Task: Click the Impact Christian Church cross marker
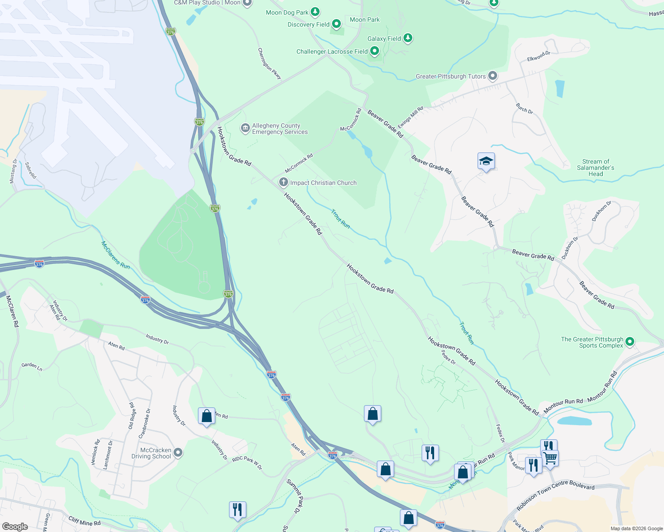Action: [x=284, y=182]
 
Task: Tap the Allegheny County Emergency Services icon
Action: [x=245, y=129]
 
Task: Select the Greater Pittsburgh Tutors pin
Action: [x=492, y=76]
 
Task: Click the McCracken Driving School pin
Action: [x=178, y=453]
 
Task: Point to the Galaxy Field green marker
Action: [x=408, y=38]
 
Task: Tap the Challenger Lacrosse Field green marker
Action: [x=375, y=51]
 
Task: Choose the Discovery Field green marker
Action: [x=336, y=24]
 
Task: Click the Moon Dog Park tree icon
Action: [x=315, y=12]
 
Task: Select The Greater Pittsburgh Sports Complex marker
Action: [x=630, y=342]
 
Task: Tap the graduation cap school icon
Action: [x=486, y=161]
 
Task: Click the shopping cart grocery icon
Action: [x=550, y=458]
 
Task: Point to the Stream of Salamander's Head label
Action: [x=595, y=168]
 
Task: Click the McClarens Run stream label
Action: [x=115, y=255]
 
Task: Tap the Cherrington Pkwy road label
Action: [x=269, y=64]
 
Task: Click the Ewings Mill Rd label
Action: [x=411, y=117]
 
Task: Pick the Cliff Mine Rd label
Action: [x=84, y=520]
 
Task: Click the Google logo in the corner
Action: [x=15, y=526]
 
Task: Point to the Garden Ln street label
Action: [x=32, y=366]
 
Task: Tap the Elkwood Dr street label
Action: [x=538, y=56]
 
